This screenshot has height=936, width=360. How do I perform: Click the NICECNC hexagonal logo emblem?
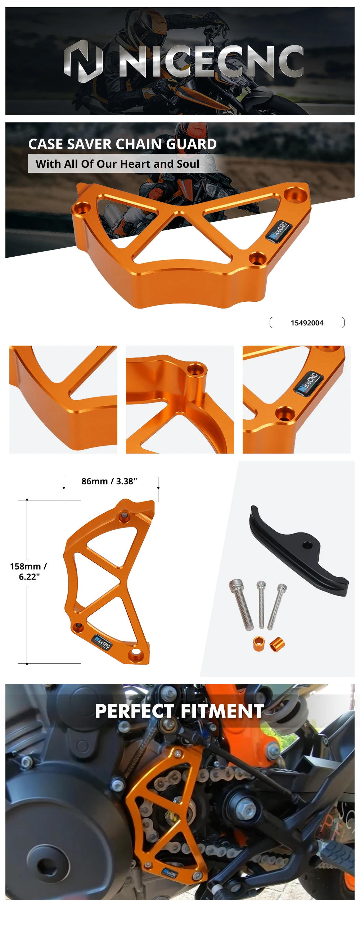83,61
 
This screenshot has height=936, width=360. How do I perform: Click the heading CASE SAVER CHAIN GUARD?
122,144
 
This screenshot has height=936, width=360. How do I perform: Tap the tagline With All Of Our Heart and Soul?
117,164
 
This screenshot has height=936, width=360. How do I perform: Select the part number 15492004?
307,323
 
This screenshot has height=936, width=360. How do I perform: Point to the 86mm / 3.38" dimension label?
109,481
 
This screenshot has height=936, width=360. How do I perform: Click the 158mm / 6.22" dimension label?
28,571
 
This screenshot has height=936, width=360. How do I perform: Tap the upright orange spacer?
258,644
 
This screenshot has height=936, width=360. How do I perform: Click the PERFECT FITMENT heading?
179,711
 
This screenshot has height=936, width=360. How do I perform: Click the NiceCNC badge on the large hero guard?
278,230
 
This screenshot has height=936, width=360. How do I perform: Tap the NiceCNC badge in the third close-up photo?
308,382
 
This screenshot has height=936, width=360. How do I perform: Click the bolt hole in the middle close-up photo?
197,369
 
